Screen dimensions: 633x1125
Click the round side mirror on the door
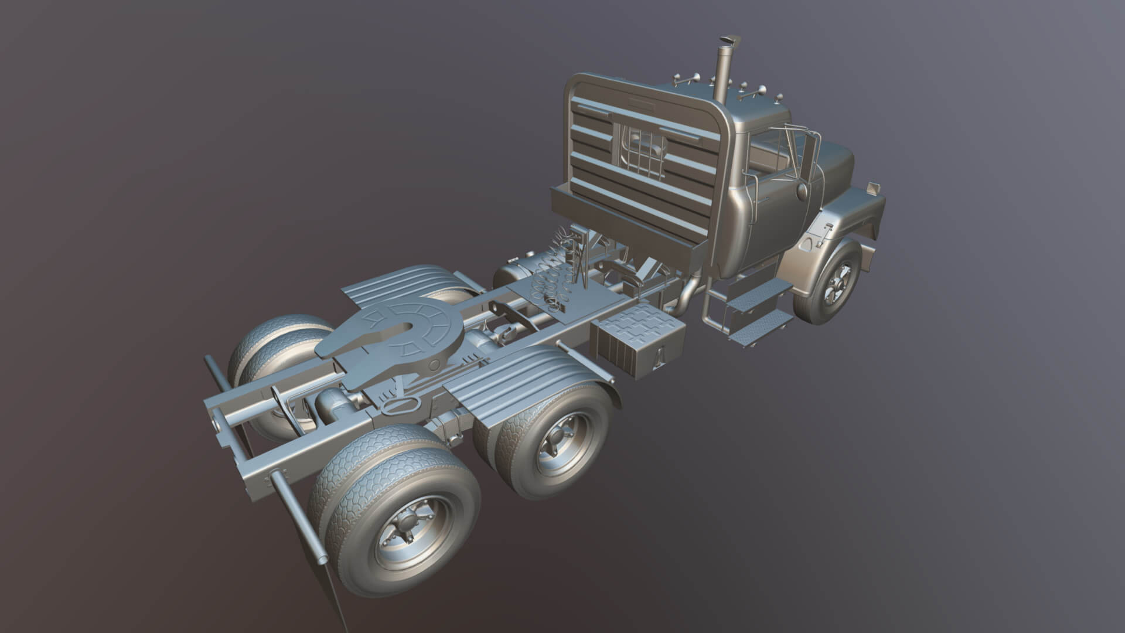802,191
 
